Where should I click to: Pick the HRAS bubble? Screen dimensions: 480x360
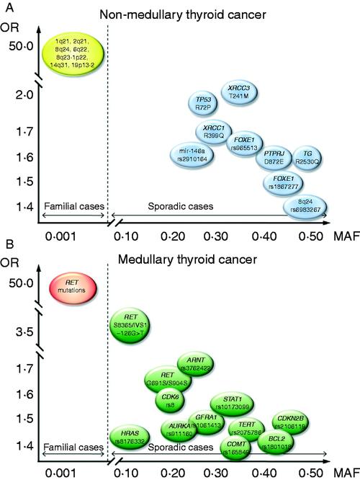pyautogui.click(x=130, y=435)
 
